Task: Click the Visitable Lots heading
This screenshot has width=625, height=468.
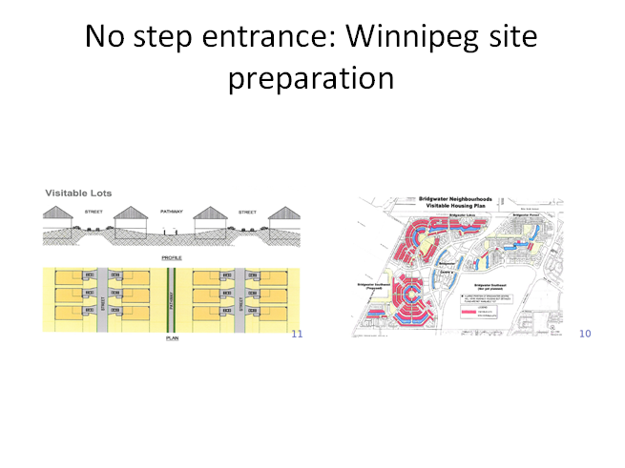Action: click(78, 193)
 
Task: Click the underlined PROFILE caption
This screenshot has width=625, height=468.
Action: click(173, 258)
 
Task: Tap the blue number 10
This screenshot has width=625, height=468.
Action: click(585, 334)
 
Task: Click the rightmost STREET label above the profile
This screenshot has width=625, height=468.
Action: click(247, 212)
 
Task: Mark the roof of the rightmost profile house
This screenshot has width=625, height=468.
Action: click(282, 215)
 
